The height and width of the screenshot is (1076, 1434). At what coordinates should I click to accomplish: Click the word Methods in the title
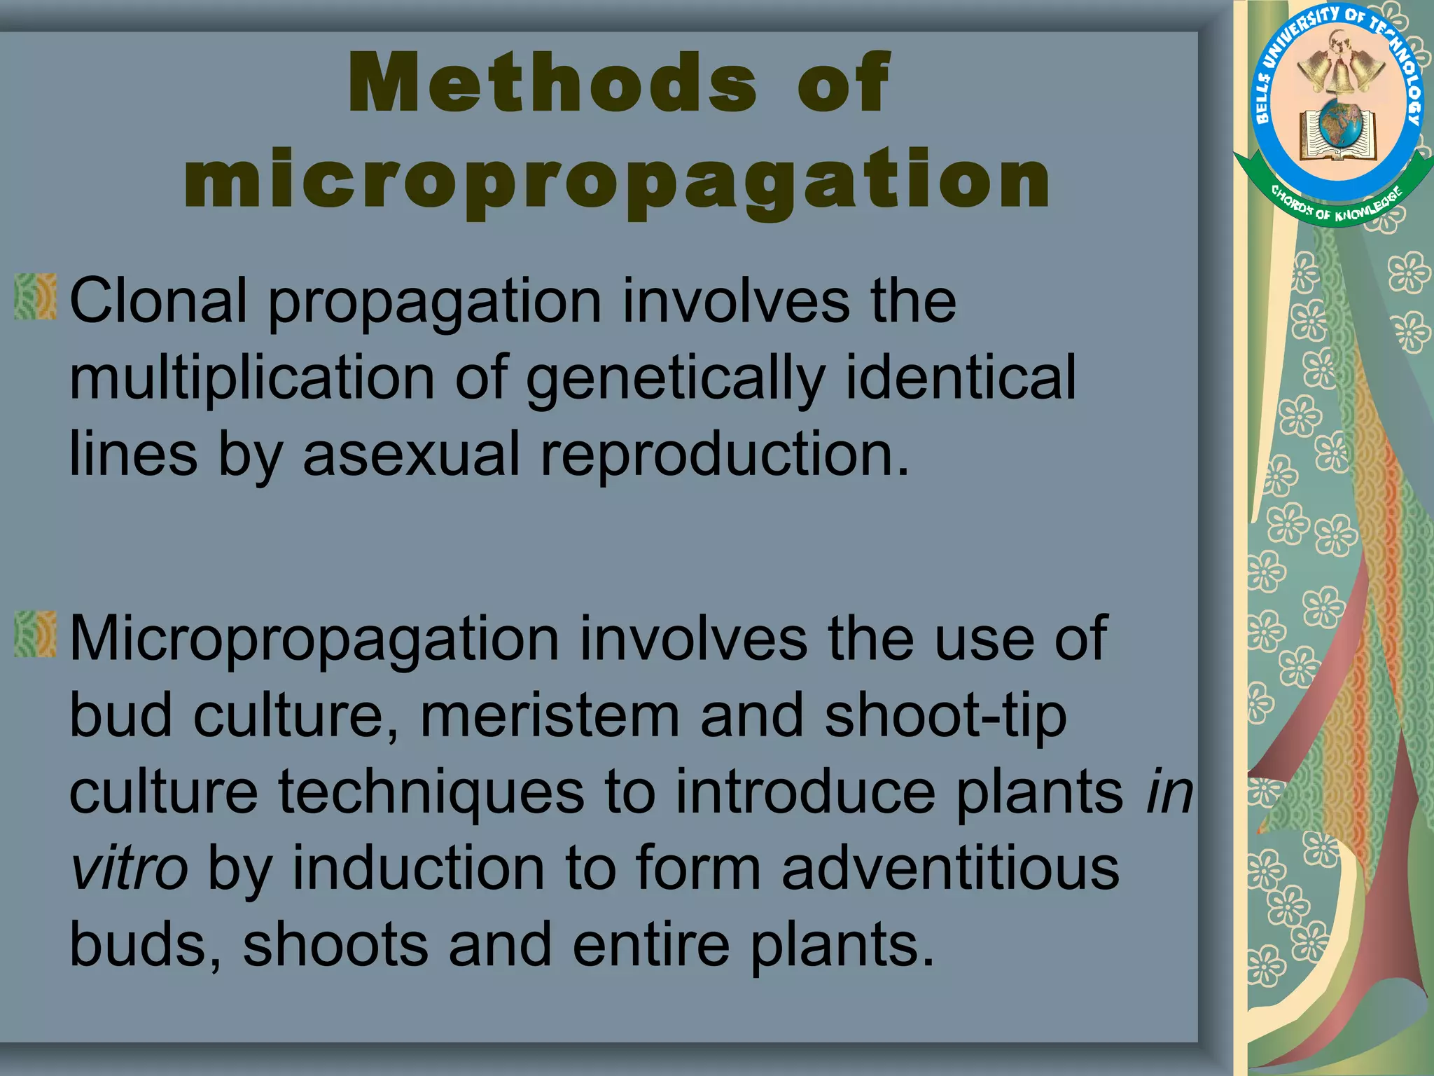tap(552, 83)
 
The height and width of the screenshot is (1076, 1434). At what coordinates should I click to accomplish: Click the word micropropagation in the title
tap(617, 181)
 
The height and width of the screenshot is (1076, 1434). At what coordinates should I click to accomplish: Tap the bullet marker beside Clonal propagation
tap(35, 297)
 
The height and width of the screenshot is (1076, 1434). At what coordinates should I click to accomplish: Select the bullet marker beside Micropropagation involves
tap(35, 635)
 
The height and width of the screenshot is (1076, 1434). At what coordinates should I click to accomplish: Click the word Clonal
tap(158, 301)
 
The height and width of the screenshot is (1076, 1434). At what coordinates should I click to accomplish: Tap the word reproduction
tap(724, 455)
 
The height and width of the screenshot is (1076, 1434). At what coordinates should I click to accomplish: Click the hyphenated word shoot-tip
tap(945, 717)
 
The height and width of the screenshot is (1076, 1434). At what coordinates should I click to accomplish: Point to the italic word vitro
tap(129, 869)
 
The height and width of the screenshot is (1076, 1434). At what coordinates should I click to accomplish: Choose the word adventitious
tap(950, 869)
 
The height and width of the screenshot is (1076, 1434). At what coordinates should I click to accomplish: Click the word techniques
tap(431, 793)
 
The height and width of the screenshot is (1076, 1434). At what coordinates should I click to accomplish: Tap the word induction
tap(418, 869)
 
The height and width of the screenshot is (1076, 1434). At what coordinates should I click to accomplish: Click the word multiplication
tap(252, 378)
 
